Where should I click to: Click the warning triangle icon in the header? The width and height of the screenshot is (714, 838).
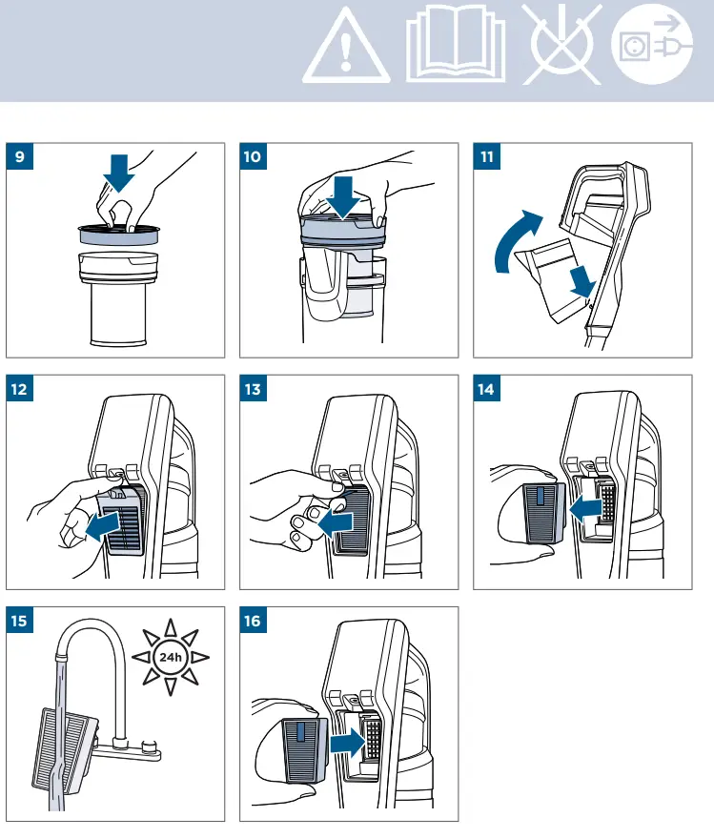click(x=346, y=48)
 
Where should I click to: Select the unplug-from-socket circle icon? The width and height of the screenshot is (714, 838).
click(x=652, y=44)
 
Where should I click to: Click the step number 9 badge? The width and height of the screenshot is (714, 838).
click(x=20, y=156)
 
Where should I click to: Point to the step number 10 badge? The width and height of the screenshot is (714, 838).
click(x=253, y=156)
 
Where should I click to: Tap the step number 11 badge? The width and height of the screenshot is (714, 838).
click(x=487, y=156)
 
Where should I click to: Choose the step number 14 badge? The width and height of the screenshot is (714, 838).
click(x=487, y=389)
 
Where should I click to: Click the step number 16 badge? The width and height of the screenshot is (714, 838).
click(x=253, y=621)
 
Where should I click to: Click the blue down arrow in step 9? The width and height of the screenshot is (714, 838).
click(x=118, y=174)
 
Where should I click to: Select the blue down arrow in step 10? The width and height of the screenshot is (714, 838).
click(x=342, y=197)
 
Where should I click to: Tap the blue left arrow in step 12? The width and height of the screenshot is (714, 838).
click(x=102, y=526)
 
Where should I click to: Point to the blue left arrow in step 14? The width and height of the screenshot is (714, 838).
click(x=585, y=511)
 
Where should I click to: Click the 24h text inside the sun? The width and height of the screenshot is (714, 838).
click(x=171, y=657)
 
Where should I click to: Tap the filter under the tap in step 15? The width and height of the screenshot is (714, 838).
click(x=64, y=751)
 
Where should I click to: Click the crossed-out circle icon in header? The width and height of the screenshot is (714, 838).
click(x=562, y=44)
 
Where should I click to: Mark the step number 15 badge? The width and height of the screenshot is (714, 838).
click(x=20, y=621)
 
